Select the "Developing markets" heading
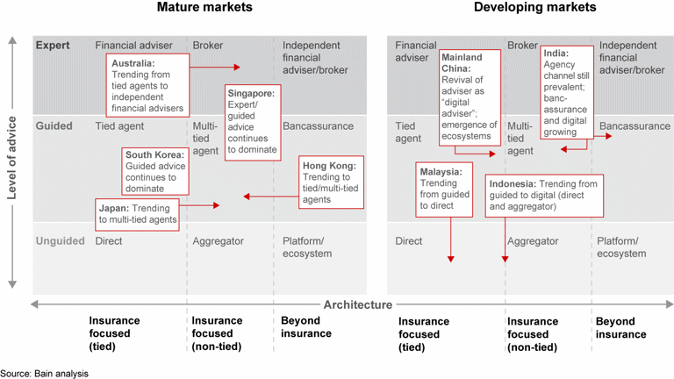[x=534, y=8]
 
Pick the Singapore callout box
[x=251, y=122]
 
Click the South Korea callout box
[x=156, y=171]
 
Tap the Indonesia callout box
[x=544, y=196]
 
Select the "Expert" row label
[x=52, y=45]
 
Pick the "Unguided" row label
[x=60, y=240]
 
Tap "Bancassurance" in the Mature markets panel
[x=318, y=126]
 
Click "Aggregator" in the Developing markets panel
[x=533, y=240]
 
